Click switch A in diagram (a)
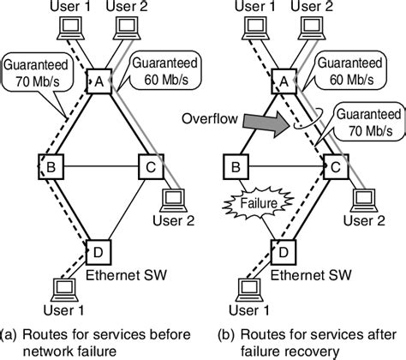pyautogui.click(x=99, y=82)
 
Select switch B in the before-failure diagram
pyautogui.click(x=51, y=165)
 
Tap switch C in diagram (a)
pyautogui.click(x=149, y=165)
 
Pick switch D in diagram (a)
pyautogui.click(x=99, y=249)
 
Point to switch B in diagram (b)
pyautogui.click(x=234, y=165)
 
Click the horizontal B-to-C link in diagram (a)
pyautogui.click(x=99, y=165)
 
